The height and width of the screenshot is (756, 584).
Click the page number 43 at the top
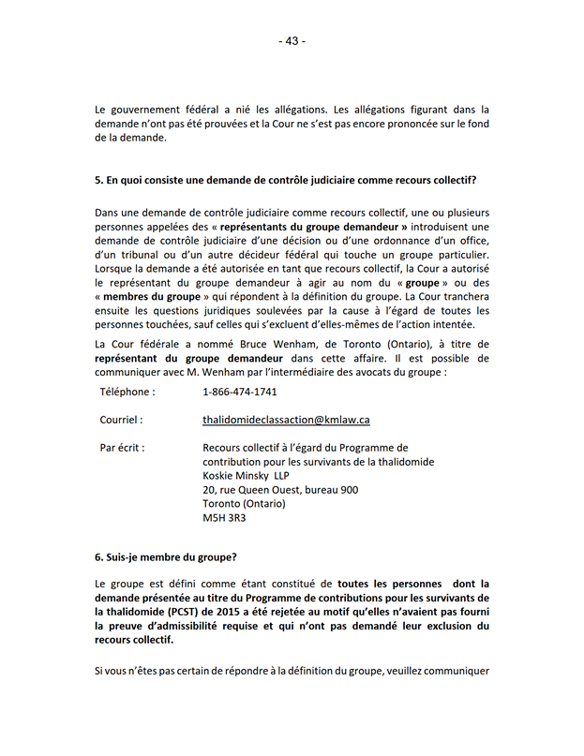292,40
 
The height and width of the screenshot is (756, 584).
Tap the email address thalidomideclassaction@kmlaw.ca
286,420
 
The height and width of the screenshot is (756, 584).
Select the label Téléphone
127,392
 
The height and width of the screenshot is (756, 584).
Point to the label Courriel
122,420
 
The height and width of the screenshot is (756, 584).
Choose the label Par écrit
123,447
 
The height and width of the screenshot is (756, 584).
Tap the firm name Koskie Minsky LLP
246,475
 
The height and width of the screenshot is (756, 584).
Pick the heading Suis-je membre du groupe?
166,557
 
